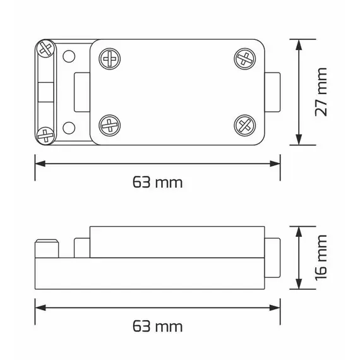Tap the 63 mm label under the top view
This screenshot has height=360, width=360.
[157, 183]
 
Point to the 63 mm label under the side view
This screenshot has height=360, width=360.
[157, 327]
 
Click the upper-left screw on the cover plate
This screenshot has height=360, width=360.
[109, 60]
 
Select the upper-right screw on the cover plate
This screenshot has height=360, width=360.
[244, 60]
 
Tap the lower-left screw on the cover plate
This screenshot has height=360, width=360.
[109, 123]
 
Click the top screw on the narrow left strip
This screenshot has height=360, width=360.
[45, 49]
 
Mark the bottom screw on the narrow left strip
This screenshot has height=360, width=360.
[45, 135]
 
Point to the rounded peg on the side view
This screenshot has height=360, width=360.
[47, 249]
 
